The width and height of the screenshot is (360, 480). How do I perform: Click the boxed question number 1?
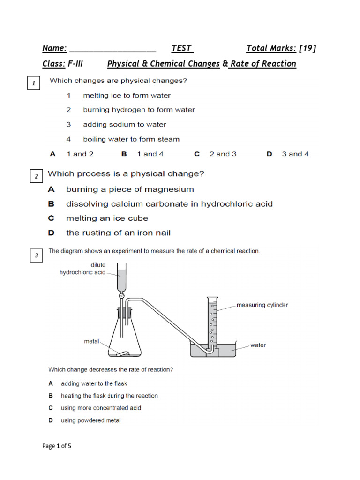pyautogui.click(x=33, y=84)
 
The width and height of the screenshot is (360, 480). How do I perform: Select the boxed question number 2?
pyautogui.click(x=36, y=177)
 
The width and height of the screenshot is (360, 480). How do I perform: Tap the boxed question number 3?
pyautogui.click(x=36, y=255)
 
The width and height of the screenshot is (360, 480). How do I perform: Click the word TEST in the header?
pyautogui.click(x=182, y=48)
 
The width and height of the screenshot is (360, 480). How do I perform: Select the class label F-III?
pyautogui.click(x=75, y=64)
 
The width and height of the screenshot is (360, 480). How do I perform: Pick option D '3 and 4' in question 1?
pyautogui.click(x=295, y=154)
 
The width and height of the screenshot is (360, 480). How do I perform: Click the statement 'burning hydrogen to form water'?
pyautogui.click(x=139, y=110)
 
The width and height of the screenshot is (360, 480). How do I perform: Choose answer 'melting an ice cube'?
pyautogui.click(x=107, y=218)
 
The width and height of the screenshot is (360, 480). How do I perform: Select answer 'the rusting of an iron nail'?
pyautogui.click(x=118, y=232)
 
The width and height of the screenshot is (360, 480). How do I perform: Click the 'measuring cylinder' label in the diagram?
pyautogui.click(x=262, y=305)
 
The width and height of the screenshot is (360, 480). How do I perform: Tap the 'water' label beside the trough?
pyautogui.click(x=258, y=345)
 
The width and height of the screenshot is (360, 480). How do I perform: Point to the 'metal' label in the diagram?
pyautogui.click(x=91, y=341)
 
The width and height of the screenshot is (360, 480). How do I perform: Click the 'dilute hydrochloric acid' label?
pyautogui.click(x=82, y=269)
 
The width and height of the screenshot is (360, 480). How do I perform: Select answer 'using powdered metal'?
pyautogui.click(x=90, y=420)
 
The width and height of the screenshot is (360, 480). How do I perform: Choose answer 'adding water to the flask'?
pyautogui.click(x=94, y=383)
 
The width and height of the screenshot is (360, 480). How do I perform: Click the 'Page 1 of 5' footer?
pyautogui.click(x=57, y=446)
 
